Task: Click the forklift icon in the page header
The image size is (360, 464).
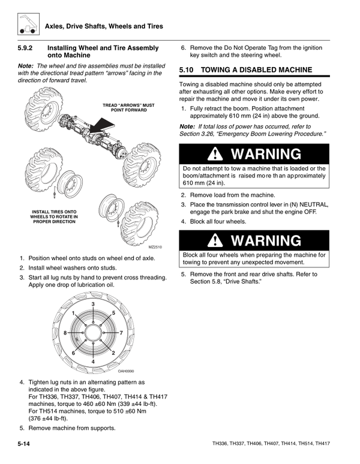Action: (25, 24)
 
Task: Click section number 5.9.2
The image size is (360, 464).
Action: (28, 48)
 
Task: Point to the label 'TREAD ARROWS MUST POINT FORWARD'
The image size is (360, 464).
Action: (128, 108)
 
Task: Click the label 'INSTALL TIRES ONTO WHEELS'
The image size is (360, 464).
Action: (53, 216)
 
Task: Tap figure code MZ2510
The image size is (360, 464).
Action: (155, 247)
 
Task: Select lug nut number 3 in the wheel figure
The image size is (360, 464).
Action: (93, 306)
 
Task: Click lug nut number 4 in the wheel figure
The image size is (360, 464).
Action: (93, 361)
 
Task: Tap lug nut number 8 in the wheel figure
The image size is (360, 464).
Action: (65, 333)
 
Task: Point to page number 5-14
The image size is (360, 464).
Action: (25, 444)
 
